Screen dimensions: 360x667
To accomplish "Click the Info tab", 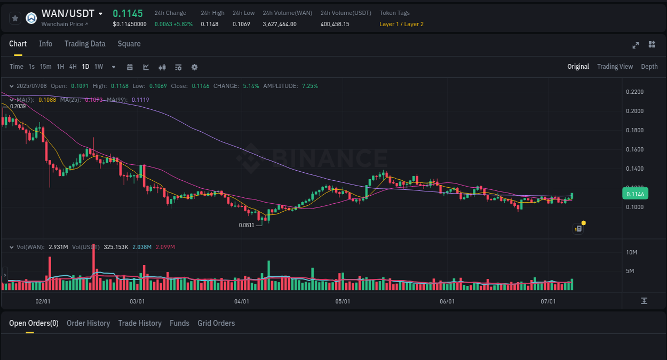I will tap(45, 44).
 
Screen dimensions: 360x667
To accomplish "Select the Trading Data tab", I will tap(85, 44).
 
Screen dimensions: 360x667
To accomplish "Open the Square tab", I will tap(129, 44).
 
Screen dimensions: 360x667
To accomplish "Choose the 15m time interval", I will tap(45, 67).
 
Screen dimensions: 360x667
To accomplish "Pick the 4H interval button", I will tap(73, 67).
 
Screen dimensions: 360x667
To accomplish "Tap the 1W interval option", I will tap(99, 67).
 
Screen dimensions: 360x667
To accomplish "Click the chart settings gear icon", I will tap(194, 67).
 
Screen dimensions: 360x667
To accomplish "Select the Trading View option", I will tap(615, 67).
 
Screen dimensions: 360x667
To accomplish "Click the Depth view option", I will tap(649, 67).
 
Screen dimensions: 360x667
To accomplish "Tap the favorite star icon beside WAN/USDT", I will tap(15, 18).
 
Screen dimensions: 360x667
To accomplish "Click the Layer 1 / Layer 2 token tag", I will tap(401, 24).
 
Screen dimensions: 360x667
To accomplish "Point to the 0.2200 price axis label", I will tap(634, 92).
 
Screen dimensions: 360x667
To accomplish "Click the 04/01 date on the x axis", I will tap(242, 301).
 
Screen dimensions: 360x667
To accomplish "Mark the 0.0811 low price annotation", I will tap(246, 226).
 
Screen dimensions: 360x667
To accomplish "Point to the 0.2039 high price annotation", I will tap(18, 106).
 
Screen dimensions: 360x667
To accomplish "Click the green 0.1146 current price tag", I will tap(635, 194).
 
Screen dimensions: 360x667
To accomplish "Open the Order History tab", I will tap(88, 323).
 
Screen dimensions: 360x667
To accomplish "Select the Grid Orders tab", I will tap(216, 323).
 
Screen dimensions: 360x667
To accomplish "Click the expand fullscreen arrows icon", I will tap(636, 45).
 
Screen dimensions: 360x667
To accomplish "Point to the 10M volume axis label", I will tap(631, 252).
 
